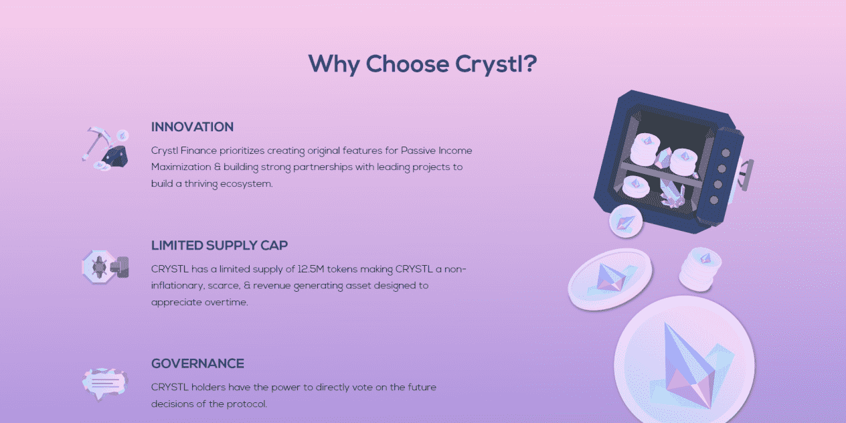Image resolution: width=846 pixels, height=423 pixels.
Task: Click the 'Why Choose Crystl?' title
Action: tap(422, 64)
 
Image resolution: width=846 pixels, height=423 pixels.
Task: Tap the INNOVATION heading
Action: tap(192, 127)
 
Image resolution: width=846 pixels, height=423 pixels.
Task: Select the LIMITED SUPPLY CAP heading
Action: tap(220, 246)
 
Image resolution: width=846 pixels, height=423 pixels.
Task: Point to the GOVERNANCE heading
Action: tap(197, 363)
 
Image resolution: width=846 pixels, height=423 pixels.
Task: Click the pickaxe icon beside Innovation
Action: tap(105, 149)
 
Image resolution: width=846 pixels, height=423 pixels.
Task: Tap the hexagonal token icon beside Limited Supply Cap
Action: tap(105, 266)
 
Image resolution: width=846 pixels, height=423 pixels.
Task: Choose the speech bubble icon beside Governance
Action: tap(105, 384)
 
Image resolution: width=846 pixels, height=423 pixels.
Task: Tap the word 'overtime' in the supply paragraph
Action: tap(226, 302)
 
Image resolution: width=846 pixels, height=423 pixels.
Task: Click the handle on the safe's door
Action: tap(746, 175)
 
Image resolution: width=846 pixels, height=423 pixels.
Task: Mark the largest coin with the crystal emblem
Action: tap(684, 362)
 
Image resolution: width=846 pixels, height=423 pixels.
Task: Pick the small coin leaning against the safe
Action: tap(626, 222)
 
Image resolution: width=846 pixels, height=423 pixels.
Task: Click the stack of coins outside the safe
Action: tap(700, 269)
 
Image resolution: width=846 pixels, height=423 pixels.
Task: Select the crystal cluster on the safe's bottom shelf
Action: tap(672, 193)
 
